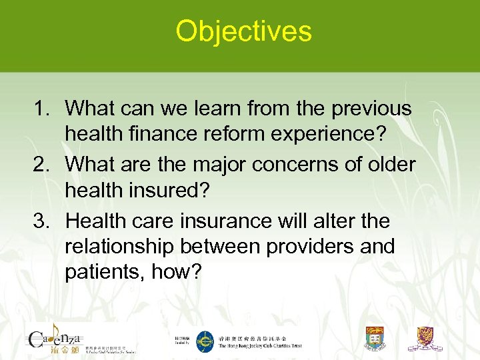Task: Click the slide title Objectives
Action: click(243, 31)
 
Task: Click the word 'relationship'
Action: click(120, 246)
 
